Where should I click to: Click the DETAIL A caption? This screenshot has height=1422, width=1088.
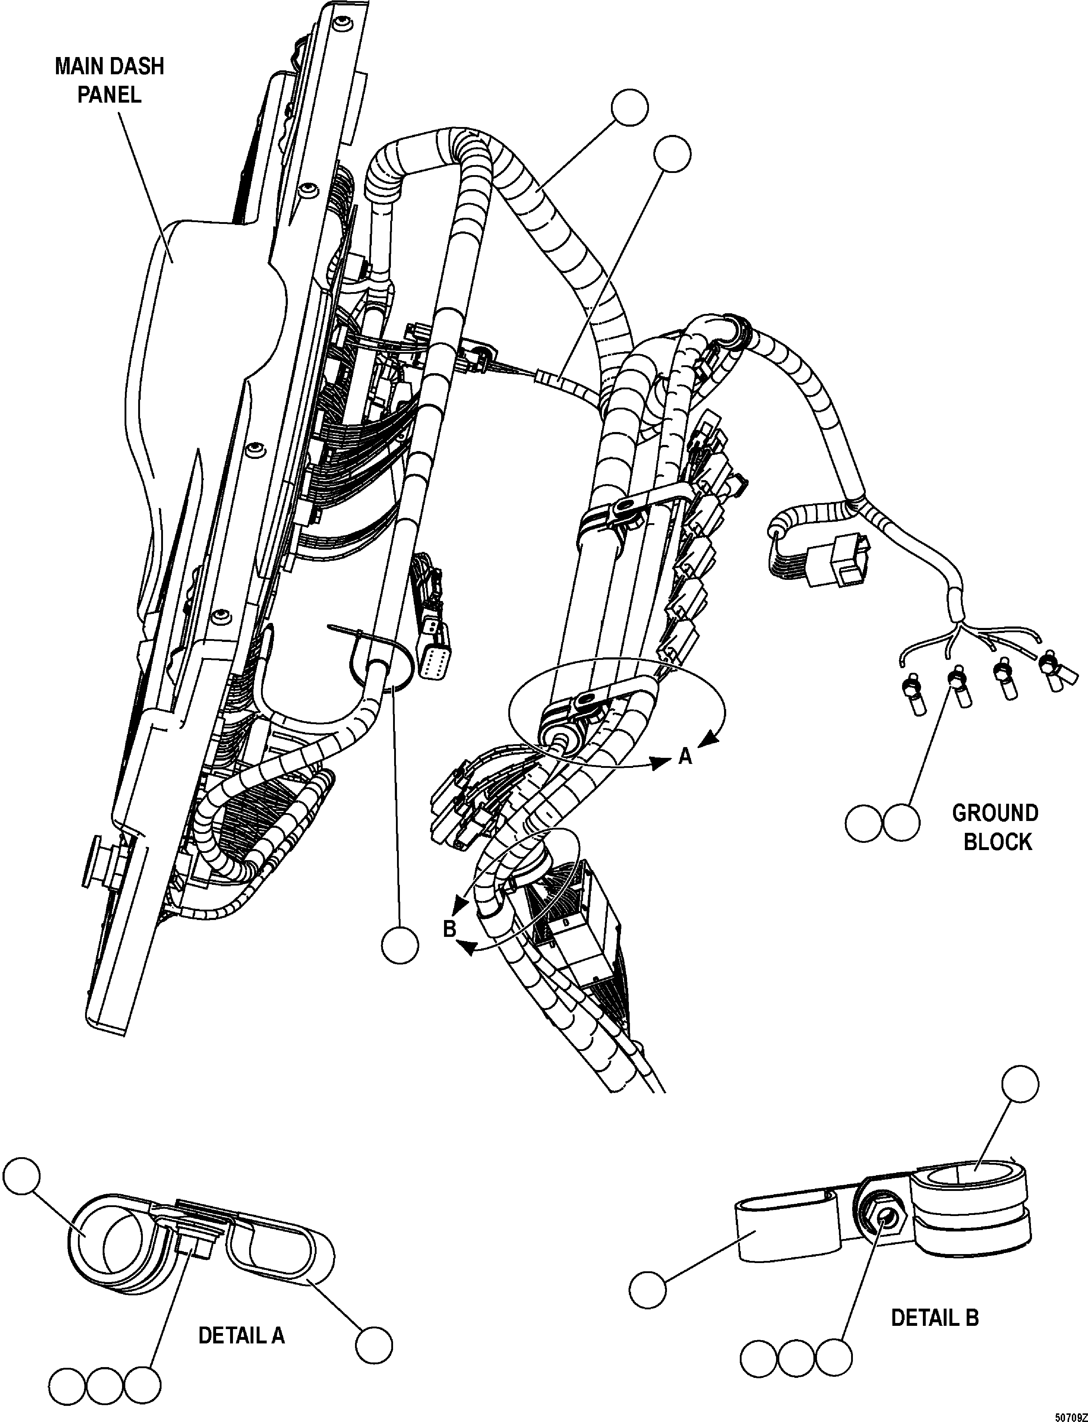point(241,1335)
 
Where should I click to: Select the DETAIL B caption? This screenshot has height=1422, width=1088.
point(934,1317)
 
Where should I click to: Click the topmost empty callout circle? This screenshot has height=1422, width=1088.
point(630,108)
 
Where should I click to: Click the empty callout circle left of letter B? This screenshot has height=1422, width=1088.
point(400,946)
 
